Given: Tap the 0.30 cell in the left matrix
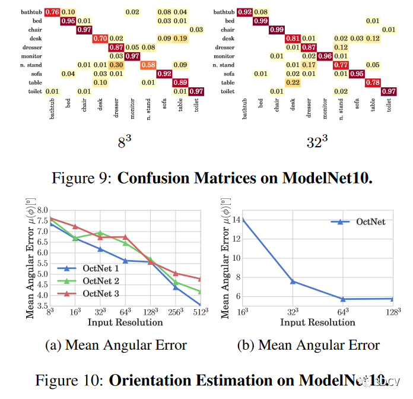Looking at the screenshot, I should point(117,64).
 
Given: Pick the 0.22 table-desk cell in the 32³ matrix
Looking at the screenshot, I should point(293,82).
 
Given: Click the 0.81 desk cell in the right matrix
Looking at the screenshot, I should point(293,39).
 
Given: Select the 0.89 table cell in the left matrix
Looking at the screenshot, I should point(181,82).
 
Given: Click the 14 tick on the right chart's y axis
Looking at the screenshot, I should point(234,220).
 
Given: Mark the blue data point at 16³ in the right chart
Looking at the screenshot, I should point(243,220).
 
